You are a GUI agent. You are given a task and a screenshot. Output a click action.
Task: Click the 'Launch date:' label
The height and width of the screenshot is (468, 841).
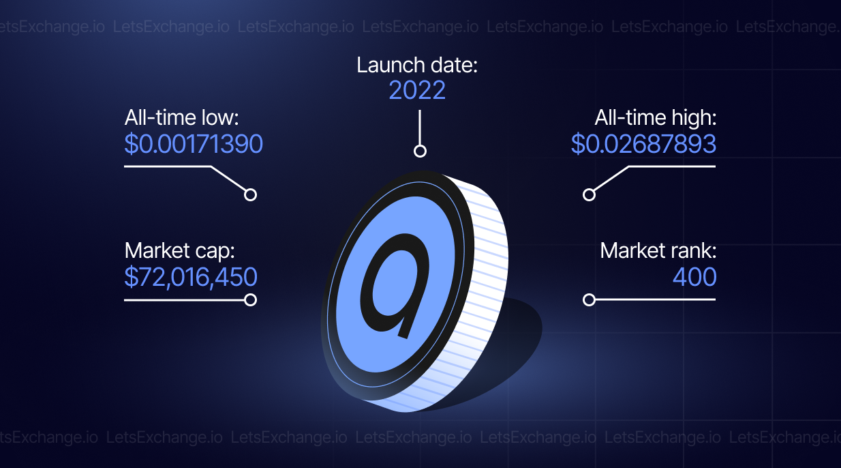click(x=416, y=65)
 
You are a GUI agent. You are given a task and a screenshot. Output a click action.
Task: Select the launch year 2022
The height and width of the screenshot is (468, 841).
click(x=417, y=90)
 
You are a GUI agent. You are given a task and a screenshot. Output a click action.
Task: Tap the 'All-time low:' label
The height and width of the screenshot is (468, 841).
click(x=181, y=117)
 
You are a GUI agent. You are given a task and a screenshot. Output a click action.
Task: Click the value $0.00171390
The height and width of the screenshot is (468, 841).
click(x=194, y=144)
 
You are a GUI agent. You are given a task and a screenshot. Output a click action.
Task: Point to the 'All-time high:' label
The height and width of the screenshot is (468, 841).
click(x=656, y=117)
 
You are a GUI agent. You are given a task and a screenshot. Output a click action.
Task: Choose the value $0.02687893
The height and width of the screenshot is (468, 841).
click(x=643, y=144)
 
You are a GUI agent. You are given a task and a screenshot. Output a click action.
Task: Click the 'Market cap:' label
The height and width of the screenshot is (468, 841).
click(x=179, y=251)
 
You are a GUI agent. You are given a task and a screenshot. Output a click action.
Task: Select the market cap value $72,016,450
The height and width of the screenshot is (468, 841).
click(x=191, y=278)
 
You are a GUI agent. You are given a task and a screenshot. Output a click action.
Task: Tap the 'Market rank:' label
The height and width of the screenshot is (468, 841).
click(x=658, y=250)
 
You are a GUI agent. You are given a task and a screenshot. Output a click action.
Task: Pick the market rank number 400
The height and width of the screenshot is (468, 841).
click(x=694, y=277)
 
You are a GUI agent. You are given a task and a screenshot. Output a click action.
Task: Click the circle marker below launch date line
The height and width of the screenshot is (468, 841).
click(x=420, y=151)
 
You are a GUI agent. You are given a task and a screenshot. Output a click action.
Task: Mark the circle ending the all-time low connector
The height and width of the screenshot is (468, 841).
click(x=250, y=194)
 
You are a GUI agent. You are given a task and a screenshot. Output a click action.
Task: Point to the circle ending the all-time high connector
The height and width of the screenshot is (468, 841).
click(x=589, y=194)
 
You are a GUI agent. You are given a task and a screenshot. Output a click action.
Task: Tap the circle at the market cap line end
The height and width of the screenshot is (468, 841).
click(x=250, y=300)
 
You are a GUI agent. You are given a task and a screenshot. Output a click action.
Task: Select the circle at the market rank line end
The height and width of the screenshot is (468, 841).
click(x=589, y=300)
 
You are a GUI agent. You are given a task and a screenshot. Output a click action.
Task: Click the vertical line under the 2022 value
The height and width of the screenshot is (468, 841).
click(x=420, y=128)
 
